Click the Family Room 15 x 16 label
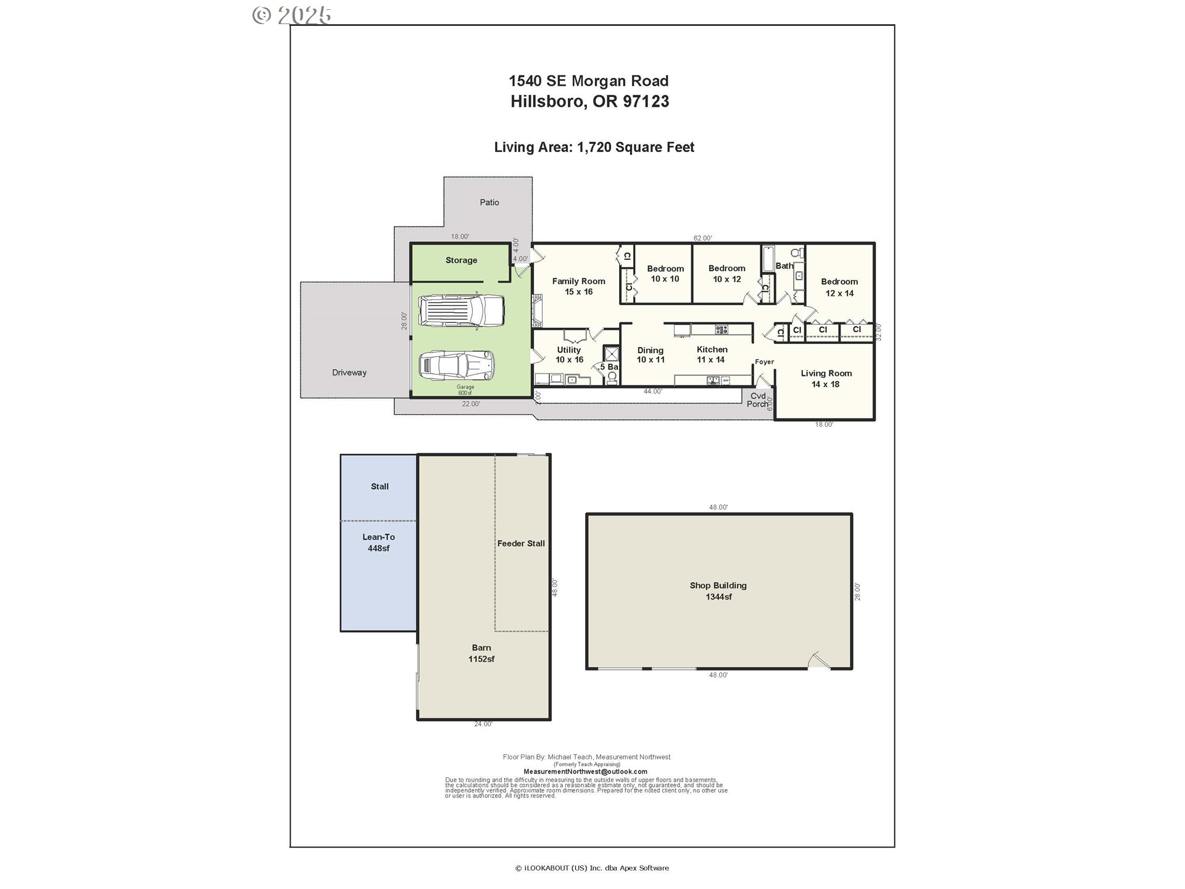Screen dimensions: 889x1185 pos(578,286)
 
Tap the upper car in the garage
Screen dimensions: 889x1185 pos(461,310)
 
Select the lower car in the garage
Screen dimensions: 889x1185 pos(457,366)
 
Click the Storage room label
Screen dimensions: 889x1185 pos(461,261)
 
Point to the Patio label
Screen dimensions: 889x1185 pos(489,202)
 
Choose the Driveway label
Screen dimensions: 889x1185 pos(349,373)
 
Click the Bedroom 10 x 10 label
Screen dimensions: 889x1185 pos(665,273)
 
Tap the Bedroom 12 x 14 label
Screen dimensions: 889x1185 pos(839,287)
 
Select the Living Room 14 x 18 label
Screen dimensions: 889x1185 pos(826,378)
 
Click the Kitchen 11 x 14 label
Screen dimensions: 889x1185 pos(712,354)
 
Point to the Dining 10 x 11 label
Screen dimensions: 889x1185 pos(651,355)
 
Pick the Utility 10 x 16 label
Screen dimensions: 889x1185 pos(569,354)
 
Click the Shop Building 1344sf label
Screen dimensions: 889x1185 pos(718,591)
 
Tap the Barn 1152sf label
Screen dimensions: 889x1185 pos(481,653)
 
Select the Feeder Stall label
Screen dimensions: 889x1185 pos(521,544)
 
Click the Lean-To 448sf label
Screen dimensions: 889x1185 pos(378,543)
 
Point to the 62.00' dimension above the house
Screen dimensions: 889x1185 pos(702,238)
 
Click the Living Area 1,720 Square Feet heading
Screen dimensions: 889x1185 pos(594,148)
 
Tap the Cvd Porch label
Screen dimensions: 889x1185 pos(758,400)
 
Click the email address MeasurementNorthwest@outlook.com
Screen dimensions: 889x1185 pos(585,772)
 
